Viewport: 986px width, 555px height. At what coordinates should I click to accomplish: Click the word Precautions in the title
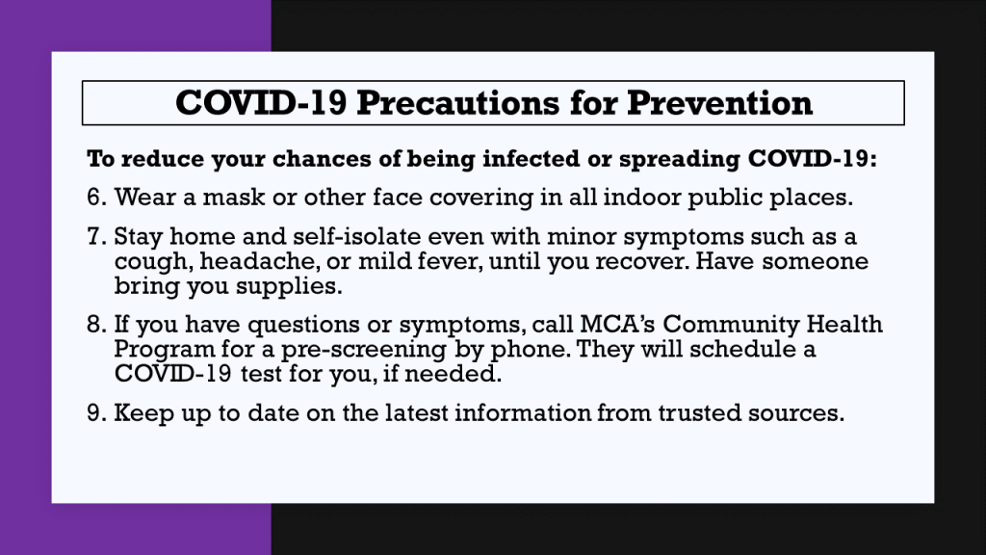click(x=457, y=102)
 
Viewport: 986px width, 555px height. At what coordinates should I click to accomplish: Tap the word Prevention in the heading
click(x=719, y=102)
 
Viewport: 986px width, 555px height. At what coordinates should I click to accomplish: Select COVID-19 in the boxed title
click(x=261, y=102)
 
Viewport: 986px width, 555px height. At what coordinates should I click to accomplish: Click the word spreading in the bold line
click(x=679, y=160)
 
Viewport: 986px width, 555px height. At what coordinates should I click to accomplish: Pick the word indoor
click(x=641, y=197)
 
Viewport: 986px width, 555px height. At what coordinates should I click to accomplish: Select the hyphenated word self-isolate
click(x=356, y=236)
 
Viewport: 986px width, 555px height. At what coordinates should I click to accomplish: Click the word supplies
click(x=289, y=287)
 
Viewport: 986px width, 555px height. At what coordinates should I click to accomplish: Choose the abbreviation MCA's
click(x=617, y=324)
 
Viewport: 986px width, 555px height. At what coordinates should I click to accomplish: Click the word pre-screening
click(x=363, y=350)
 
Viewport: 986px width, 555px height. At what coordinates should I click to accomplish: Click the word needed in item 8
click(x=453, y=374)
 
